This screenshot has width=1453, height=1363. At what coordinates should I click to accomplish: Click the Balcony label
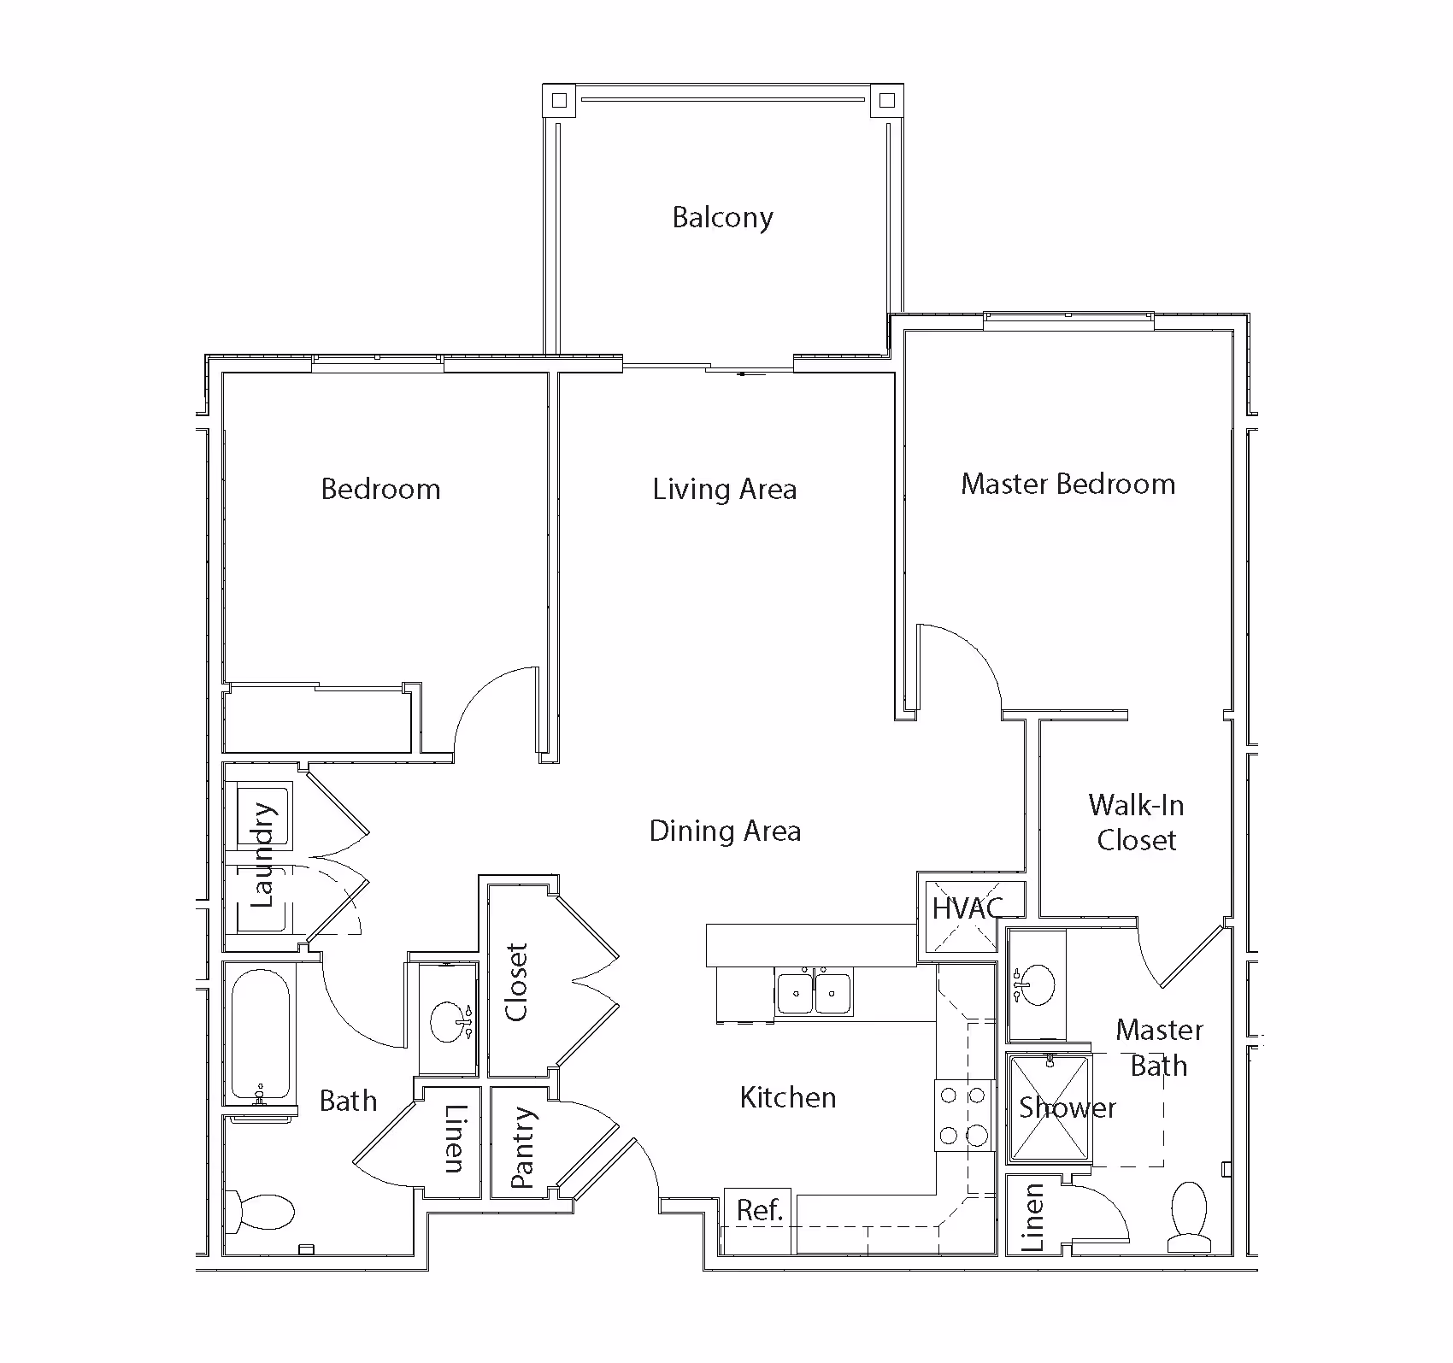(722, 218)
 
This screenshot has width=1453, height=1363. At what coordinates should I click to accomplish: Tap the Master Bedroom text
(1068, 485)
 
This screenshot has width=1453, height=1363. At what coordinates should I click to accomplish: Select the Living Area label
(725, 490)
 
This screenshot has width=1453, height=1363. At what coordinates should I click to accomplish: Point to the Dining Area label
(725, 831)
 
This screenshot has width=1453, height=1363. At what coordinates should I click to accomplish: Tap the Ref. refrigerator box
(759, 1210)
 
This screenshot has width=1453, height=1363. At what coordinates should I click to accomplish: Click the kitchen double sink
(814, 992)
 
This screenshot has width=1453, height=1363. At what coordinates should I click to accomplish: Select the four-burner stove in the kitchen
(964, 1115)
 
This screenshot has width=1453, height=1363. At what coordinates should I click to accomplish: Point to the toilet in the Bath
(262, 1211)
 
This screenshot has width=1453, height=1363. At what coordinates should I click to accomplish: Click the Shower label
(1068, 1108)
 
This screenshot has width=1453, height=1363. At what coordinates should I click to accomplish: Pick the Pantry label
(522, 1148)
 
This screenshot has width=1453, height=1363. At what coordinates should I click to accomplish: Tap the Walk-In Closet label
(1137, 822)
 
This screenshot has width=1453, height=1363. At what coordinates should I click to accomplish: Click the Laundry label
(262, 855)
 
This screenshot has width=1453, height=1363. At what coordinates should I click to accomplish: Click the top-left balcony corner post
(559, 101)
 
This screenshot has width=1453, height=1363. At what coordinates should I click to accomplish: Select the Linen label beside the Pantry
(454, 1138)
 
